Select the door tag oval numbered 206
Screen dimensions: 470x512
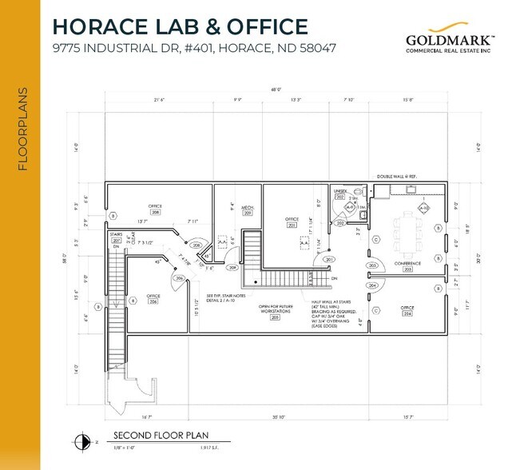(x=180, y=278)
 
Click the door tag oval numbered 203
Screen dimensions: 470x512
(x=371, y=265)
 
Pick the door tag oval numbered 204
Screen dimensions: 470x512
(x=371, y=285)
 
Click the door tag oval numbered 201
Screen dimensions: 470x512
(x=327, y=260)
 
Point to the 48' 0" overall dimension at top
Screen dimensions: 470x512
(x=276, y=90)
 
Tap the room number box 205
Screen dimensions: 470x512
(x=275, y=317)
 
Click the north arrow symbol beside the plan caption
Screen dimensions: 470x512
(x=81, y=440)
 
